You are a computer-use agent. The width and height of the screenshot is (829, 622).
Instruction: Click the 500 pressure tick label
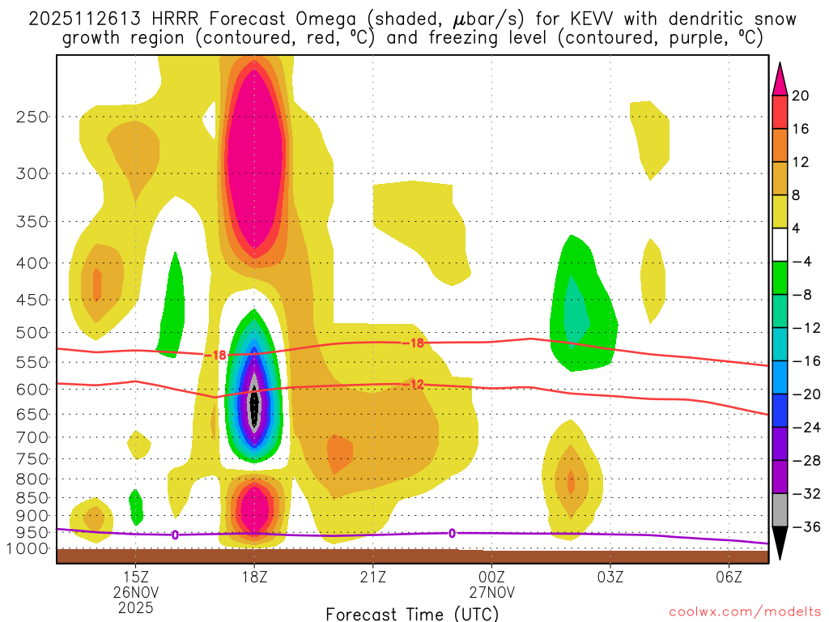(x=31, y=333)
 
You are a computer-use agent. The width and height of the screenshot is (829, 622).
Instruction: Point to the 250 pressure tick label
(x=31, y=117)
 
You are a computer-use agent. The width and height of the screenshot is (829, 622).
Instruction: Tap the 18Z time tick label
(x=254, y=577)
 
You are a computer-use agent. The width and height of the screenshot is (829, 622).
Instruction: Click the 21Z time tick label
(x=372, y=577)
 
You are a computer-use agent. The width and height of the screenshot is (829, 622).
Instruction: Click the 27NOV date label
(x=491, y=592)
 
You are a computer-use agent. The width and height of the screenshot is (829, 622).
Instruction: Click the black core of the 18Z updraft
(x=254, y=402)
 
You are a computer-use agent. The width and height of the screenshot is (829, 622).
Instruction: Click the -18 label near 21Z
(x=413, y=343)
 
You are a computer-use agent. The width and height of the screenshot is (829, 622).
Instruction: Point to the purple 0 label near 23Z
(x=452, y=533)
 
